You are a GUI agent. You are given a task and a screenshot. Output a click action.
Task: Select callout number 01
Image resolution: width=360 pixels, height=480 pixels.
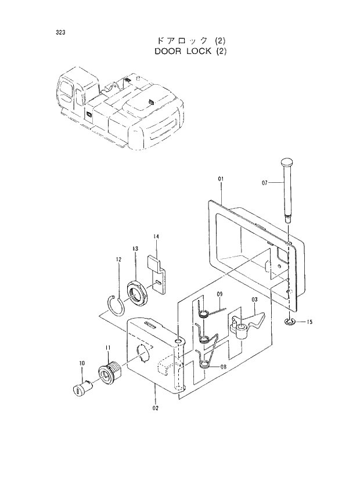(x=221, y=179)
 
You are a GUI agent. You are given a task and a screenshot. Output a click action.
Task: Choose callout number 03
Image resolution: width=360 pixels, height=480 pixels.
(x=254, y=299)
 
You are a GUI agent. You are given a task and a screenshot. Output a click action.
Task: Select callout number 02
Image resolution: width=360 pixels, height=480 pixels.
(x=155, y=408)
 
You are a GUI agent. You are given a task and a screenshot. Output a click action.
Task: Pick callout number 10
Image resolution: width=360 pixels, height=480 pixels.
(x=82, y=363)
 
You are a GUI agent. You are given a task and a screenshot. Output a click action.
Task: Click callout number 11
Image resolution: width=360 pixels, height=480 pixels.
(x=107, y=348)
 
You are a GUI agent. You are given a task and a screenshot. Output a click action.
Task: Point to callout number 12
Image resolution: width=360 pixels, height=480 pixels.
(x=118, y=259)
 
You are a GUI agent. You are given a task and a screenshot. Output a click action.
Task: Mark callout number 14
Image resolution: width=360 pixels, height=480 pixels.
(x=156, y=236)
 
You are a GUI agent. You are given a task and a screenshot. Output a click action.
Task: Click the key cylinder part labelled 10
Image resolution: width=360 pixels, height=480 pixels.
(x=81, y=389)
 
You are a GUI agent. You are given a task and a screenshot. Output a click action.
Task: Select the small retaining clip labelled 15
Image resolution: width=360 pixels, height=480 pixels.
(x=289, y=322)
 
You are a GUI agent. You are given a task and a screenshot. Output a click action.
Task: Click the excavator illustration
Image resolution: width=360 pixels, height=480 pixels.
(x=122, y=110)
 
